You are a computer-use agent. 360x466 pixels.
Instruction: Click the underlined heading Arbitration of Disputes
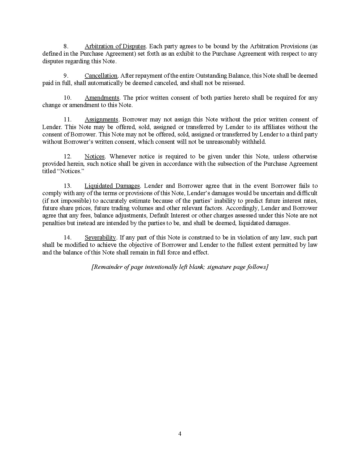click(115, 46)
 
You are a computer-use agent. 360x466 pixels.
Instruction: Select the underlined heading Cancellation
click(101, 76)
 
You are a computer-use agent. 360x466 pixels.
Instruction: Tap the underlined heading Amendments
click(102, 98)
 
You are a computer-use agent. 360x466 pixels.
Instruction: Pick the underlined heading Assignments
click(101, 120)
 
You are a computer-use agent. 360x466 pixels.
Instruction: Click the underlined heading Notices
click(95, 156)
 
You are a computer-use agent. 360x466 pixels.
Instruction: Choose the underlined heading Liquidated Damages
click(112, 186)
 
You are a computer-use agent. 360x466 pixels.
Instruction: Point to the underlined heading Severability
click(100, 238)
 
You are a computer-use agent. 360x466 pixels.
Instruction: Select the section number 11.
click(67, 120)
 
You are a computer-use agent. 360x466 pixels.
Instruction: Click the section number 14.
click(67, 238)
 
